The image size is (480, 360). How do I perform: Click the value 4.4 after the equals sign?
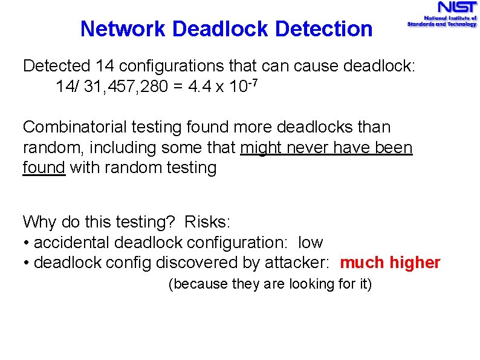pos(199,87)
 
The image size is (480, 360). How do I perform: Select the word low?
pos(311,243)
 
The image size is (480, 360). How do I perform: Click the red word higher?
pos(415,263)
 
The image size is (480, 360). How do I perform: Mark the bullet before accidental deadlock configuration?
pos(27,243)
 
